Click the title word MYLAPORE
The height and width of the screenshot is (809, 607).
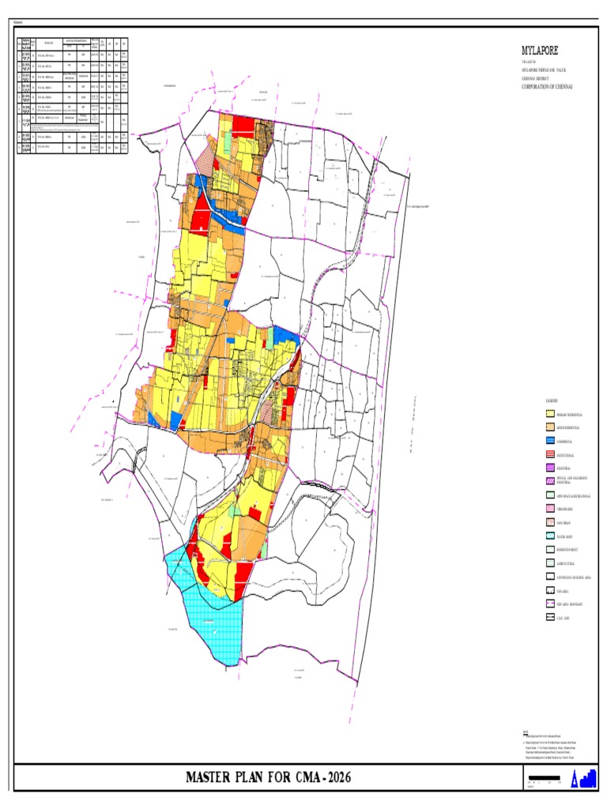tap(536, 51)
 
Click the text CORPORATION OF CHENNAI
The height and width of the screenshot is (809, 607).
tap(546, 85)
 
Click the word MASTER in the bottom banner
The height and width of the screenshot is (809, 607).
tap(217, 778)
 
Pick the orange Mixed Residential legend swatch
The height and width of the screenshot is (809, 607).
tap(550, 427)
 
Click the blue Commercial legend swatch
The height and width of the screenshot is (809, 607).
tap(550, 441)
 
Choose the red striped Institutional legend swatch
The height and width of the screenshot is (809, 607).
tap(550, 455)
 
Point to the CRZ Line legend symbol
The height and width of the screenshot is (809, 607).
tap(550, 618)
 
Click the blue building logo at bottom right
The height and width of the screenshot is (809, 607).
tap(585, 779)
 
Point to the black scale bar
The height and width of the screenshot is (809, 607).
tap(548, 778)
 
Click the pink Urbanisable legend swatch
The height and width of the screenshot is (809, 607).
tap(550, 509)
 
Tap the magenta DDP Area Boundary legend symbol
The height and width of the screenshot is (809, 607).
tap(550, 604)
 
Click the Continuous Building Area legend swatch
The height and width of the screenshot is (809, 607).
tap(550, 578)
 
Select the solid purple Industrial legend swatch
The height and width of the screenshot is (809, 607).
tap(550, 468)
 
